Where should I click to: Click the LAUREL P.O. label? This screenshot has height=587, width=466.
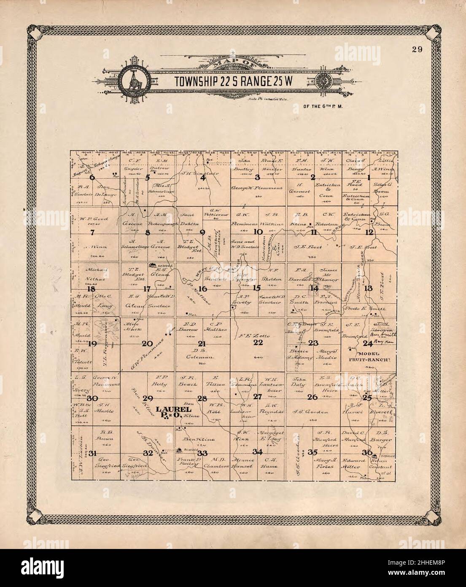click(169, 412)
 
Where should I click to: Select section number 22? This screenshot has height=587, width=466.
click(258, 343)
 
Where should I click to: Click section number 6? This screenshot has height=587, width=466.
click(92, 178)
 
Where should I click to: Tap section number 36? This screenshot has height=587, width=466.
click(369, 453)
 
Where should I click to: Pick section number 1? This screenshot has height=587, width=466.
click(369, 178)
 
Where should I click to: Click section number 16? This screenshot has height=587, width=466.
click(203, 288)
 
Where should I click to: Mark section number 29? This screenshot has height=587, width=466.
click(147, 398)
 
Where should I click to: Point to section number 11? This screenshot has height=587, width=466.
click(313, 232)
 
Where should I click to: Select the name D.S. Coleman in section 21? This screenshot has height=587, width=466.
click(203, 353)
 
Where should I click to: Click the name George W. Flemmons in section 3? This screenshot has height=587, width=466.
click(258, 189)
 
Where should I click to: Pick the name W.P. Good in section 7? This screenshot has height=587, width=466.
click(97, 219)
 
